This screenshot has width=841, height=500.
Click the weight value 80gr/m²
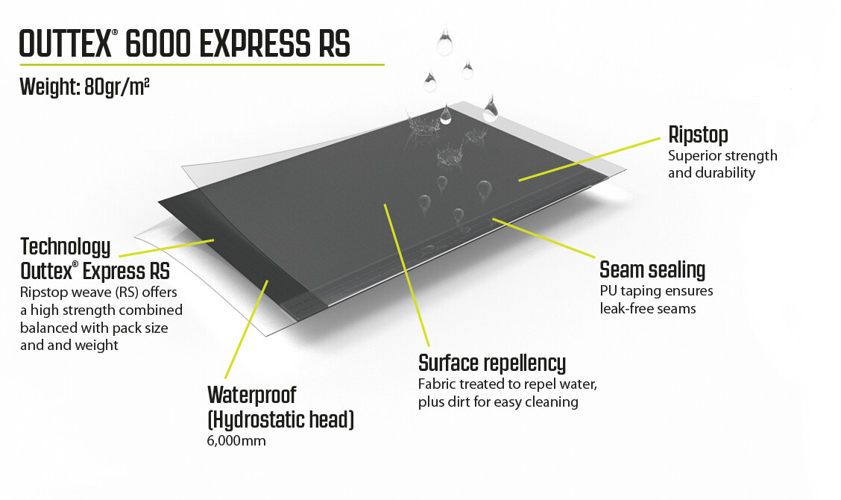(110, 87)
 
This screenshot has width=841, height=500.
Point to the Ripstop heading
(698, 136)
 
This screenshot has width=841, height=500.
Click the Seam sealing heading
(652, 269)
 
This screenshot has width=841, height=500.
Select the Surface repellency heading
(492, 364)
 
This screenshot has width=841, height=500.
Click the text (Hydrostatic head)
(280, 419)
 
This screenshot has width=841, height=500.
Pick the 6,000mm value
(236, 441)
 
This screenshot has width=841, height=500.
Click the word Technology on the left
(66, 246)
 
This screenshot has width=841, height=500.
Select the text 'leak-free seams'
(647, 307)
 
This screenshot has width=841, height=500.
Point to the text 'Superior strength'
(722, 156)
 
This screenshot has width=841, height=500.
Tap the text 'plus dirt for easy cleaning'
(498, 402)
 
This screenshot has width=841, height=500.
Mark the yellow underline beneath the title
(201, 65)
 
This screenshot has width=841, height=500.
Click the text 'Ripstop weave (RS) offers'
(93, 290)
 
